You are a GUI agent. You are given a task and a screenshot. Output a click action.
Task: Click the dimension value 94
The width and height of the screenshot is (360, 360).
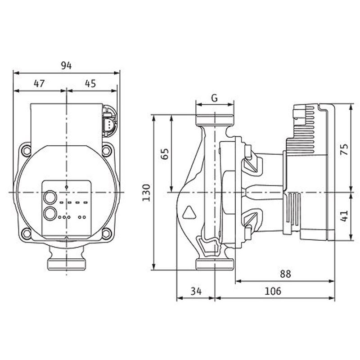pos(66,66)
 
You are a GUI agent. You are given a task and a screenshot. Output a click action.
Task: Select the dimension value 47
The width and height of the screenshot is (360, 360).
pos(39,84)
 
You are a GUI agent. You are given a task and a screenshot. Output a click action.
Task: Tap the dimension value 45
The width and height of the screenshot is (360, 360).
pos(90,84)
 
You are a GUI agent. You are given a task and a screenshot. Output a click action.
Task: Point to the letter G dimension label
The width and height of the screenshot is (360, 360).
pos(214,98)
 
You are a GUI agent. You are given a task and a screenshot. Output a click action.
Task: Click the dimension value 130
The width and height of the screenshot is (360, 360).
pos(146,193)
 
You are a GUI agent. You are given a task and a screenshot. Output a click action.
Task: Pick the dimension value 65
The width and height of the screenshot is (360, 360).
pos(165,154)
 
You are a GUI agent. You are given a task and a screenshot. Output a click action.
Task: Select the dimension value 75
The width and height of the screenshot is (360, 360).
pos(344,149)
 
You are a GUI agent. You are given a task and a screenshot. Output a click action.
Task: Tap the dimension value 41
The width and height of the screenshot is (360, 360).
pos(344,216)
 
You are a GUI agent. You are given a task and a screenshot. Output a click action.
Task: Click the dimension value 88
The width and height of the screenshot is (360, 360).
pos(285,274)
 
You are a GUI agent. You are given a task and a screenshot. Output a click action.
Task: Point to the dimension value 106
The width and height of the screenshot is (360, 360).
pos(273,291)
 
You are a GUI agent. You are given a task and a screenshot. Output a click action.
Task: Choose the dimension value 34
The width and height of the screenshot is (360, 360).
pos(196,291)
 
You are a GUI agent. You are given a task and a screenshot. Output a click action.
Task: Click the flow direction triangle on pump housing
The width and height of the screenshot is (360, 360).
pos(189,212)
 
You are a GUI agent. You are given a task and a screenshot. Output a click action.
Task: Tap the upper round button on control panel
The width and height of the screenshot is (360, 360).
pos(50,197)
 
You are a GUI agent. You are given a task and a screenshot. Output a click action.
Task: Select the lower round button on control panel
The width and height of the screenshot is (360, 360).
pos(50,213)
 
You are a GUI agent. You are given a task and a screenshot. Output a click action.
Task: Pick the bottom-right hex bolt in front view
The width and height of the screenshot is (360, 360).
pos(107,234)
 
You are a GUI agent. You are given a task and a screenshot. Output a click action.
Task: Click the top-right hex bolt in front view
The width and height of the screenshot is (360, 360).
pos(107,151)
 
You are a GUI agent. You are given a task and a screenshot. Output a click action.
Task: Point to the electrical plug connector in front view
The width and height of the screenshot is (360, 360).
pos(109,121)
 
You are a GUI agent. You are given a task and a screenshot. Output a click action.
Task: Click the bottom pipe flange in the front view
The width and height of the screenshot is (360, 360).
pos(66,264)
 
